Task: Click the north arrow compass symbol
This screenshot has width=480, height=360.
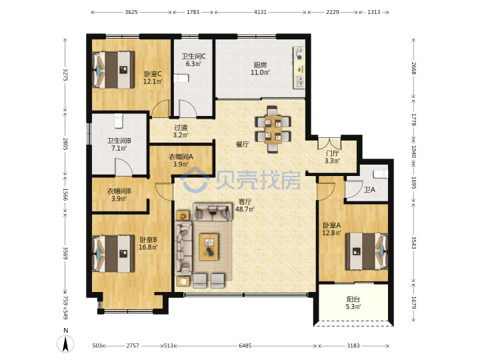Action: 65,343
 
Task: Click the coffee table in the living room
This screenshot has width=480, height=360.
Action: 209,247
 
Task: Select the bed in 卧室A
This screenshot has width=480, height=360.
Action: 367,251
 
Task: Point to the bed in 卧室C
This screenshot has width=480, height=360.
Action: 113,70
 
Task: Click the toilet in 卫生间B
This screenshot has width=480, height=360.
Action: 119,121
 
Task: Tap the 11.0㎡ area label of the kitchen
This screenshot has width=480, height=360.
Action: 260,73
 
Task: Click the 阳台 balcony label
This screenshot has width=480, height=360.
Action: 353,299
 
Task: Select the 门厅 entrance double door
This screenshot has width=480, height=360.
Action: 329,144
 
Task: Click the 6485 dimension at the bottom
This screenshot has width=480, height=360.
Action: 245,345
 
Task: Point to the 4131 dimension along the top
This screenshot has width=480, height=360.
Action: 260,12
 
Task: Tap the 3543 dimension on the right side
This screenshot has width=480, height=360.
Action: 413,243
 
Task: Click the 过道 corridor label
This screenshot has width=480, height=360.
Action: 181,127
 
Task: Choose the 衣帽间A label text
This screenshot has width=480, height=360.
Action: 181,157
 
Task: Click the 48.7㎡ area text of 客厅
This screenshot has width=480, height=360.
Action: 245,209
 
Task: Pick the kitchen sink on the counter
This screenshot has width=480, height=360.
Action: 299,81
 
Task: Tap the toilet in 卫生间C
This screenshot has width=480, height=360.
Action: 181,79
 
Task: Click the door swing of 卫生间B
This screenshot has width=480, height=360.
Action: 124,167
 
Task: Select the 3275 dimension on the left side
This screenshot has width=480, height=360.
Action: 65,75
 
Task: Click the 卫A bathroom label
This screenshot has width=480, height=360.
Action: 369,190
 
